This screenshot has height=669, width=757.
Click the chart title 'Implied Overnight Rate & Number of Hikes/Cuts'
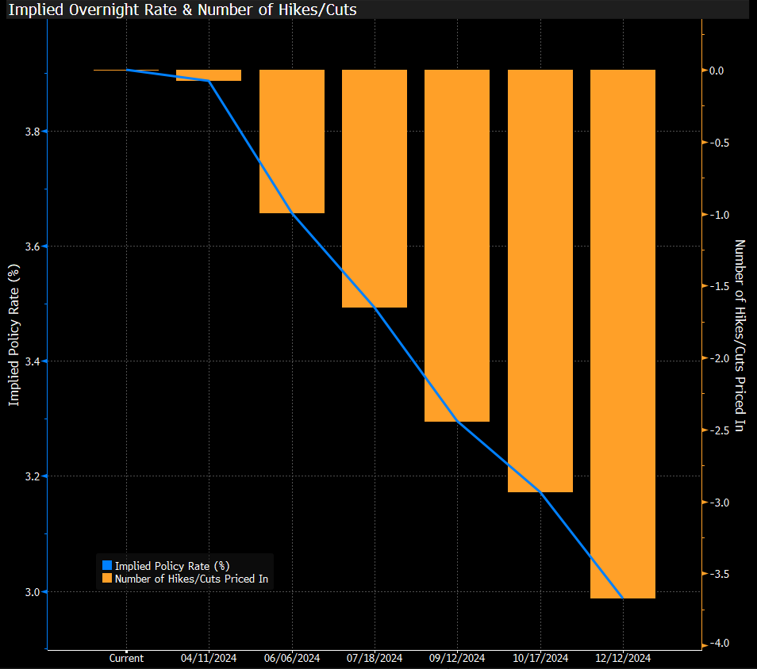point(183,10)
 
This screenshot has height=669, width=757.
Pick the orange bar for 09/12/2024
point(457,245)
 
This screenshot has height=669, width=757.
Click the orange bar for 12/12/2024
point(623,334)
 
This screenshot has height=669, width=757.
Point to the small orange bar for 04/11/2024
point(209,75)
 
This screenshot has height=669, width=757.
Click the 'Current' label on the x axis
point(126,658)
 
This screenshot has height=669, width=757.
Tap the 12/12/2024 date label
point(623,658)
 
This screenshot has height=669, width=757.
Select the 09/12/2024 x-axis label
point(457,658)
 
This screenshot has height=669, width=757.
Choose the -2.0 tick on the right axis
point(719,359)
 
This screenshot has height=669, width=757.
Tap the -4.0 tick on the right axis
point(719,644)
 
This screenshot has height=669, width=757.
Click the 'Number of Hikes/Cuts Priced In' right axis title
point(740,335)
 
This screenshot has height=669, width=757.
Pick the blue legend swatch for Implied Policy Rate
point(108,565)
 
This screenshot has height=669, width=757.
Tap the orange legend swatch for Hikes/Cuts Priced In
point(108,579)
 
